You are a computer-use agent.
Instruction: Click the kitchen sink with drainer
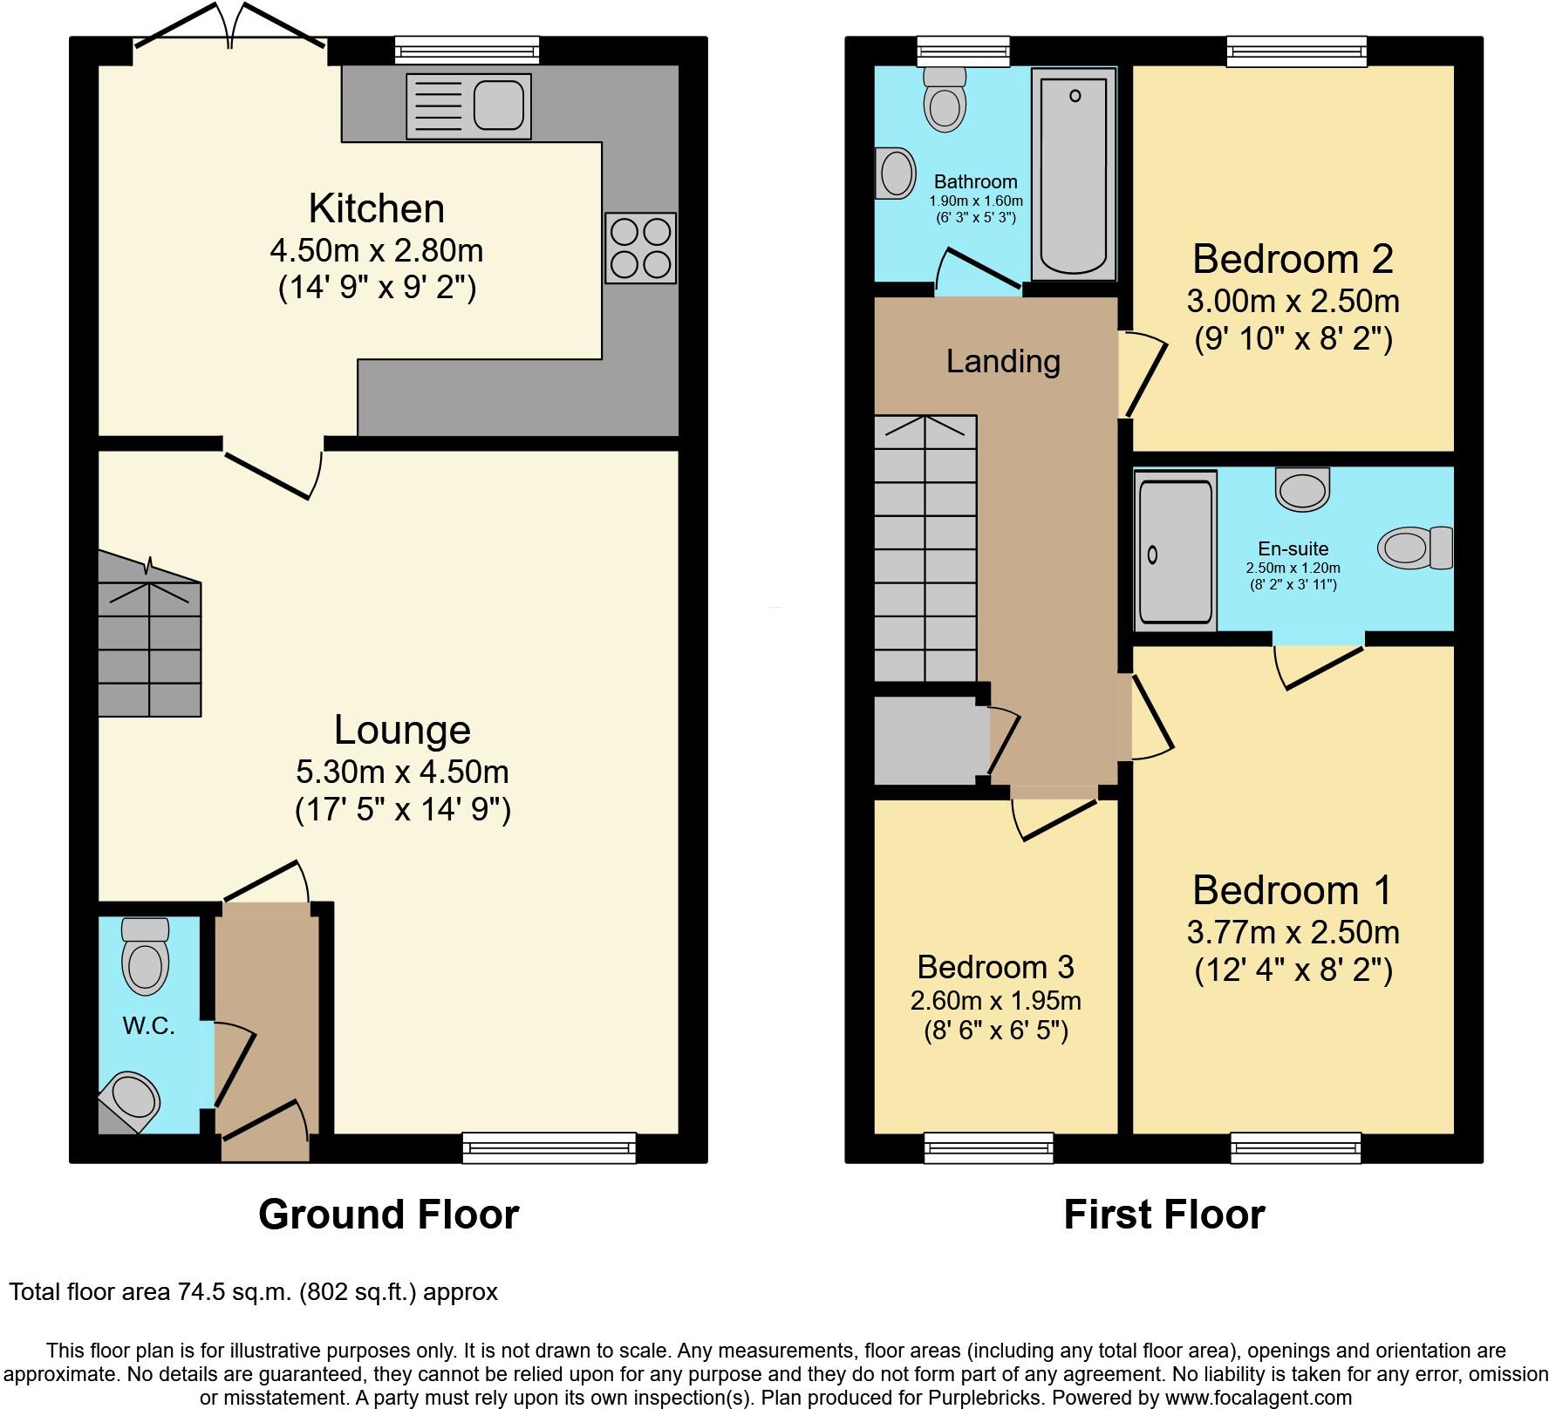468,106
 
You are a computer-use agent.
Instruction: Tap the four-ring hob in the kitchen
641,248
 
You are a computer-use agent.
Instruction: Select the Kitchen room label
377,209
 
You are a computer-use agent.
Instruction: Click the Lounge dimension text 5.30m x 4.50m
402,772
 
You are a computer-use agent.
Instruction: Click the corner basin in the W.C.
132,1098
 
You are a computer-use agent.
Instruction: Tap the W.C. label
148,1026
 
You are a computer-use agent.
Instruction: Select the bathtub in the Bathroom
1074,174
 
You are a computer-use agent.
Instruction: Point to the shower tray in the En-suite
1175,551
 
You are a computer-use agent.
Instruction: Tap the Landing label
1003,361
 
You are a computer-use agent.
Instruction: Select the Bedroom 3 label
995,967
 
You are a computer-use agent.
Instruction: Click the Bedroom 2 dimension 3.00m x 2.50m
1293,302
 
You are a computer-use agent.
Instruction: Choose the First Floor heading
1163,1215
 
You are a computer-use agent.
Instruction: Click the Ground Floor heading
388,1215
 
